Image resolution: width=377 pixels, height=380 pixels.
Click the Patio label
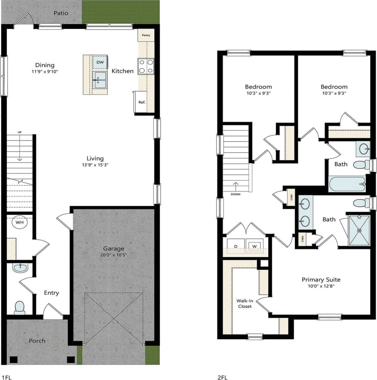pos(61,13)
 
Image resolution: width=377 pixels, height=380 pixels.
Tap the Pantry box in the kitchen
pos(146,35)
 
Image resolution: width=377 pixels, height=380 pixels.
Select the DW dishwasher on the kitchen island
pos(100,62)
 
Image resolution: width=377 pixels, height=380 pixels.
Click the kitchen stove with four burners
pos(146,67)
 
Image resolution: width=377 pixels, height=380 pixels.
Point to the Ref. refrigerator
pos(141,102)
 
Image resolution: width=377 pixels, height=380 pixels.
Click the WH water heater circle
pos(19,223)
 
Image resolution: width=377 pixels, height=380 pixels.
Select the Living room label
pos(95,158)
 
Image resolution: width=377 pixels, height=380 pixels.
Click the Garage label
pos(113,248)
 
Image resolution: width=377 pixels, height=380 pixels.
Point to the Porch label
pos(37,341)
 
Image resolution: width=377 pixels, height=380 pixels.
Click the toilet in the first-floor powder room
pos(20,307)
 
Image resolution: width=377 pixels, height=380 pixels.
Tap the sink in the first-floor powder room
pos(20,268)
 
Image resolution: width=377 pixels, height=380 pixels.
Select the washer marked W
pos(254,246)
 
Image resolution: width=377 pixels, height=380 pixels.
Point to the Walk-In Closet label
pos(244,303)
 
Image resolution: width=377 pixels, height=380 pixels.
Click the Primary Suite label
pos(321,280)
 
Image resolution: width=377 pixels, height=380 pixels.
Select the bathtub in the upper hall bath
pos(347,184)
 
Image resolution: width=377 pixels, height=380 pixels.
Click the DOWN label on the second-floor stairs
pos(235,194)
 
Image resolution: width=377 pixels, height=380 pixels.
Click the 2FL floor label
pos(223,377)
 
